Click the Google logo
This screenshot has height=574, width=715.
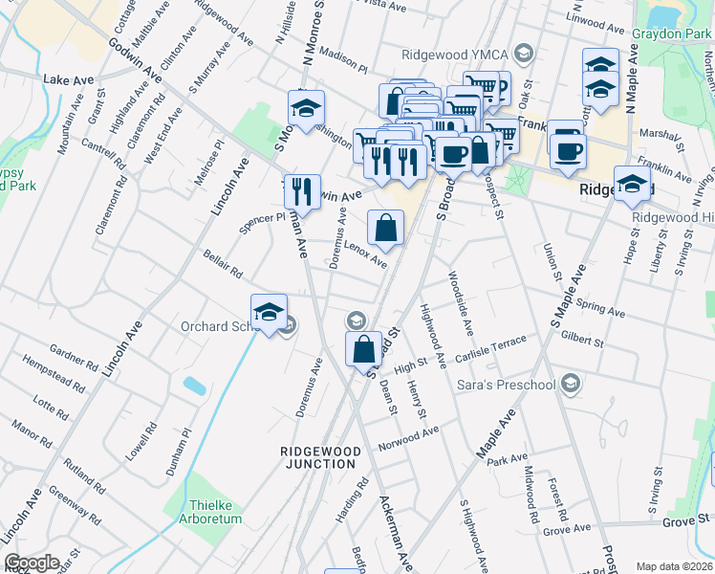point(31,563)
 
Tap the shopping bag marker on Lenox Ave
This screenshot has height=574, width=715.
point(385,229)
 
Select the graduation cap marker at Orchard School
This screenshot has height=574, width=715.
point(270,312)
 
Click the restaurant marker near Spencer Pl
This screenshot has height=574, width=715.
point(302,192)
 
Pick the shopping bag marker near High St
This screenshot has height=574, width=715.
point(364,349)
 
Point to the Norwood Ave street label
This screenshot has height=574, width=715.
point(408,438)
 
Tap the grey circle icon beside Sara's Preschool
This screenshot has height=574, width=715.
point(571,385)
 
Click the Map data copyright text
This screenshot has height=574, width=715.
point(675,566)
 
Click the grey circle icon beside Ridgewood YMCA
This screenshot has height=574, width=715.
point(523,53)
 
